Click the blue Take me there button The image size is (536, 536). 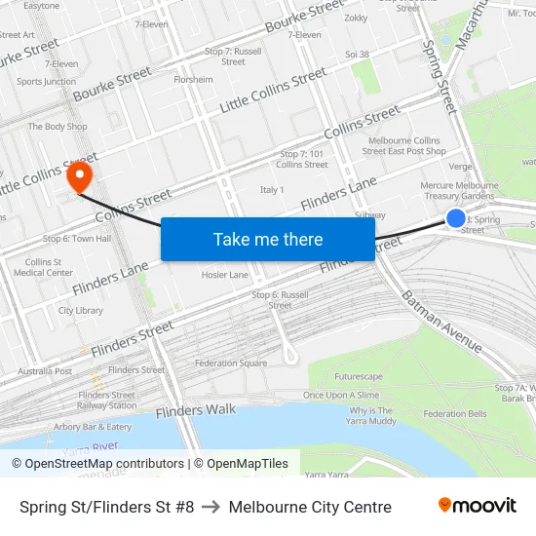point(268,239)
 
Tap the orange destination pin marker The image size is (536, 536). point(78,176)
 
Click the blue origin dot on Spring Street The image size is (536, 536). point(456,218)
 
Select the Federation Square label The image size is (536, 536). point(231,364)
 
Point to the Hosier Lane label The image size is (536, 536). point(225,275)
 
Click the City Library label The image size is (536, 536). point(81,311)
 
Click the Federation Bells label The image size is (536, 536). point(455,414)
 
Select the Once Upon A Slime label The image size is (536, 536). point(340,395)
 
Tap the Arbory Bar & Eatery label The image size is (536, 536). point(93,427)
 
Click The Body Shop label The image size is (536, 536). point(57,127)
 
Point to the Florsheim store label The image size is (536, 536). point(193,80)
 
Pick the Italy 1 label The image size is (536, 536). point(272,190)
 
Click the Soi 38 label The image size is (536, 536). point(358,55)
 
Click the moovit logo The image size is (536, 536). point(477,506)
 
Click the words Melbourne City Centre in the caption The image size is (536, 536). point(311,507)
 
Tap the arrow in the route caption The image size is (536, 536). point(211,507)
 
